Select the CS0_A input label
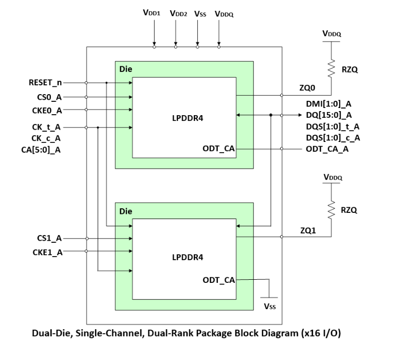[x=50, y=96]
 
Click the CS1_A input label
[x=50, y=238]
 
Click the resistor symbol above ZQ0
[x=332, y=68]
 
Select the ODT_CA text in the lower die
[x=218, y=280]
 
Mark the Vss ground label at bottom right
[x=270, y=307]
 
